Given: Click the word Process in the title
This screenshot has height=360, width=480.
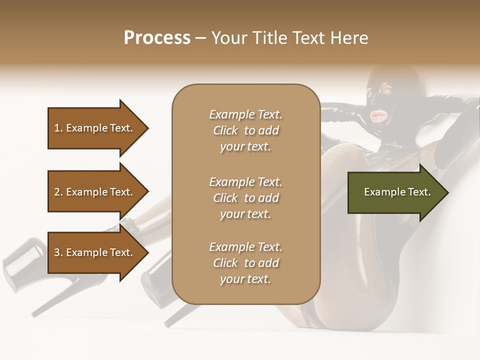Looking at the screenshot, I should click(x=157, y=38).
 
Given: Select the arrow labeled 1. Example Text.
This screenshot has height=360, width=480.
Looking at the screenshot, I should click(x=95, y=128).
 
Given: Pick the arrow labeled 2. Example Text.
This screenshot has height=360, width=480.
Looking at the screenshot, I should click(x=95, y=192).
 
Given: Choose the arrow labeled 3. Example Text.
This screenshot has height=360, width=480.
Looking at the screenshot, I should click(x=95, y=252).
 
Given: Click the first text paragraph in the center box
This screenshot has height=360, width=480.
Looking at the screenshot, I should click(x=245, y=130).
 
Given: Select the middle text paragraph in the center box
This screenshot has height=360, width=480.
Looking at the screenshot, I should click(x=245, y=197).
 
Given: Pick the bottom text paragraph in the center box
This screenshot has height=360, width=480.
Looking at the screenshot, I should click(x=245, y=263).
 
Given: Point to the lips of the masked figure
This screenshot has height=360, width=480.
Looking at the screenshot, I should click(x=376, y=115).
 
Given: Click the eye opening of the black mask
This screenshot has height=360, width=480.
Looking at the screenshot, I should click(x=386, y=90).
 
